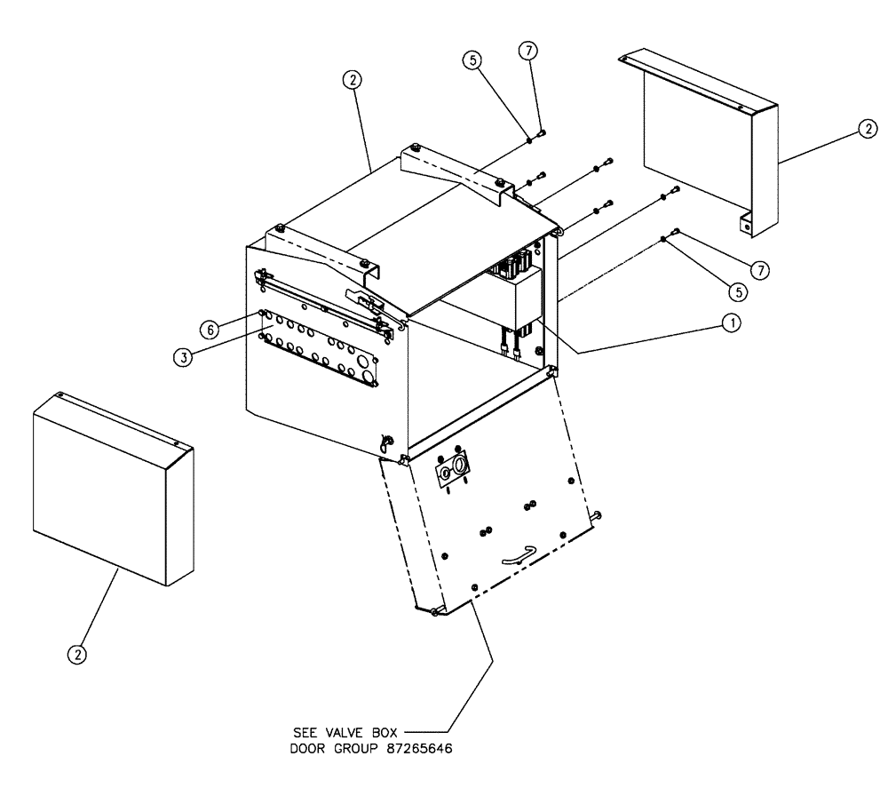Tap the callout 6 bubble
tap(210, 329)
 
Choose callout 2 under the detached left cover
tap(79, 653)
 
